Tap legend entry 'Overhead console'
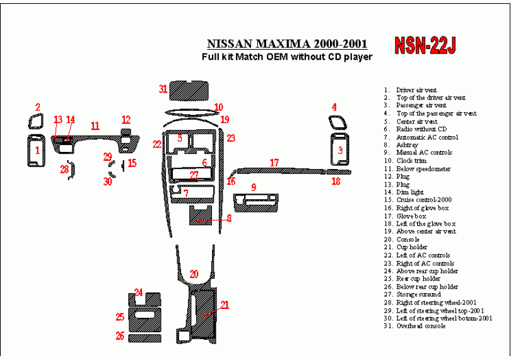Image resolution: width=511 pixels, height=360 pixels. (421, 326)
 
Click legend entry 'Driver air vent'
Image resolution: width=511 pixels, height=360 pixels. (416, 90)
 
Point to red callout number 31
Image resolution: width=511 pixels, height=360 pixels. (163, 89)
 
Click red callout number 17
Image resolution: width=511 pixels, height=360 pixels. (274, 163)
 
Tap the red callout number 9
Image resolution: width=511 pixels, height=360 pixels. (254, 187)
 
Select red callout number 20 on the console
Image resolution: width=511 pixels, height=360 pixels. (194, 274)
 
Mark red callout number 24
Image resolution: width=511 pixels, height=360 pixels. (138, 292)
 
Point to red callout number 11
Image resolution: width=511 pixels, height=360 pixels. (95, 126)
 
